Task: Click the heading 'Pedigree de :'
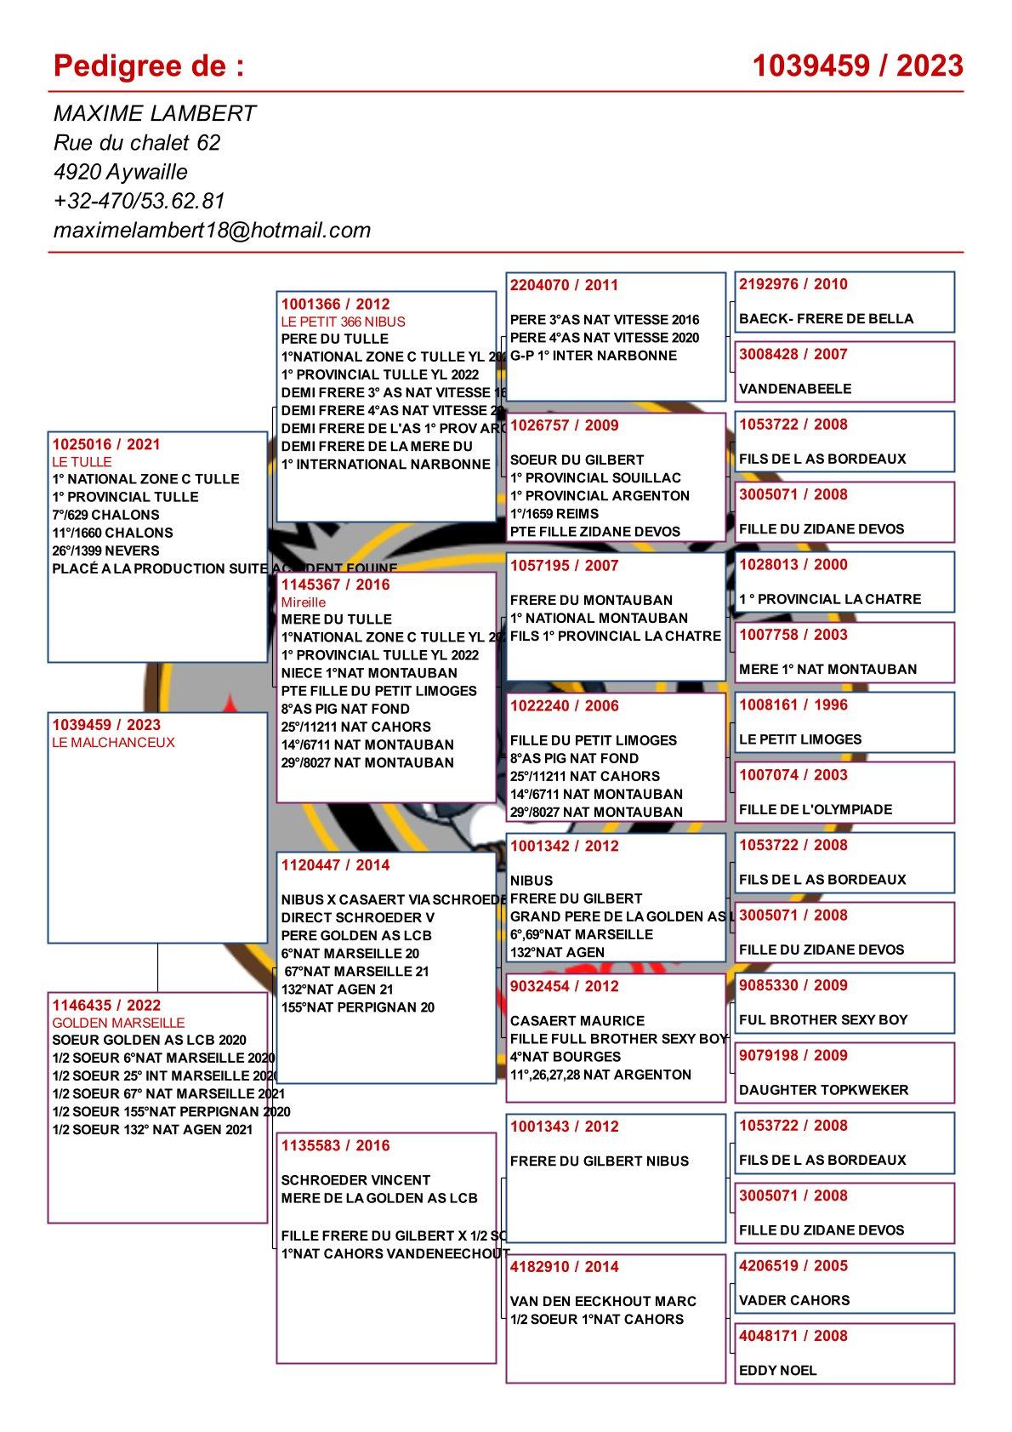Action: (149, 66)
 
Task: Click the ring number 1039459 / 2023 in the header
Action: (857, 66)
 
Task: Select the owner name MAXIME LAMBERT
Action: (155, 113)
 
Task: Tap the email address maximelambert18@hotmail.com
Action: (212, 230)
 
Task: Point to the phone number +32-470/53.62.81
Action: (139, 201)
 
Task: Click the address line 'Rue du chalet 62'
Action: (137, 142)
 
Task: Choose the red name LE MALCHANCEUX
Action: (113, 742)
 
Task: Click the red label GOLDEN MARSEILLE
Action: (118, 1023)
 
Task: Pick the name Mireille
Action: (304, 602)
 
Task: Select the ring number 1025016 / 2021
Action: (106, 444)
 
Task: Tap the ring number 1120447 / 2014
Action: (335, 865)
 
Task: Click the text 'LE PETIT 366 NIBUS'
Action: (344, 322)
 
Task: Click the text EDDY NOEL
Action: (777, 1370)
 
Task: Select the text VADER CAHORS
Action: (794, 1300)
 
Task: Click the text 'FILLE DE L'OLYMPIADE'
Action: (816, 809)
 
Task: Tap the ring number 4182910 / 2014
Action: (565, 1267)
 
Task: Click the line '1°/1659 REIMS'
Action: (554, 514)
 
